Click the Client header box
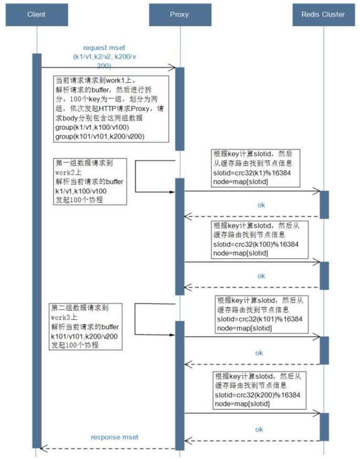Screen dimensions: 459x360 [36, 14]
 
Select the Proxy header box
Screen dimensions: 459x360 [179, 14]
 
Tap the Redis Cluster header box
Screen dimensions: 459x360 [323, 14]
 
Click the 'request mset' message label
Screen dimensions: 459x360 [103, 48]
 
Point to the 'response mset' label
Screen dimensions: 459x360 [115, 437]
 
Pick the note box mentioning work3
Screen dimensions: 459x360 [86, 326]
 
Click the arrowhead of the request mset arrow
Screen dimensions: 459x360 [172, 67]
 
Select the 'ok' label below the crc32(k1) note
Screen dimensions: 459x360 [261, 205]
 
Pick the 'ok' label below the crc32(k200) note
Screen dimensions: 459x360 [259, 429]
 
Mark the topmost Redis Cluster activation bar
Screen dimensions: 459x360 [324, 204]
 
